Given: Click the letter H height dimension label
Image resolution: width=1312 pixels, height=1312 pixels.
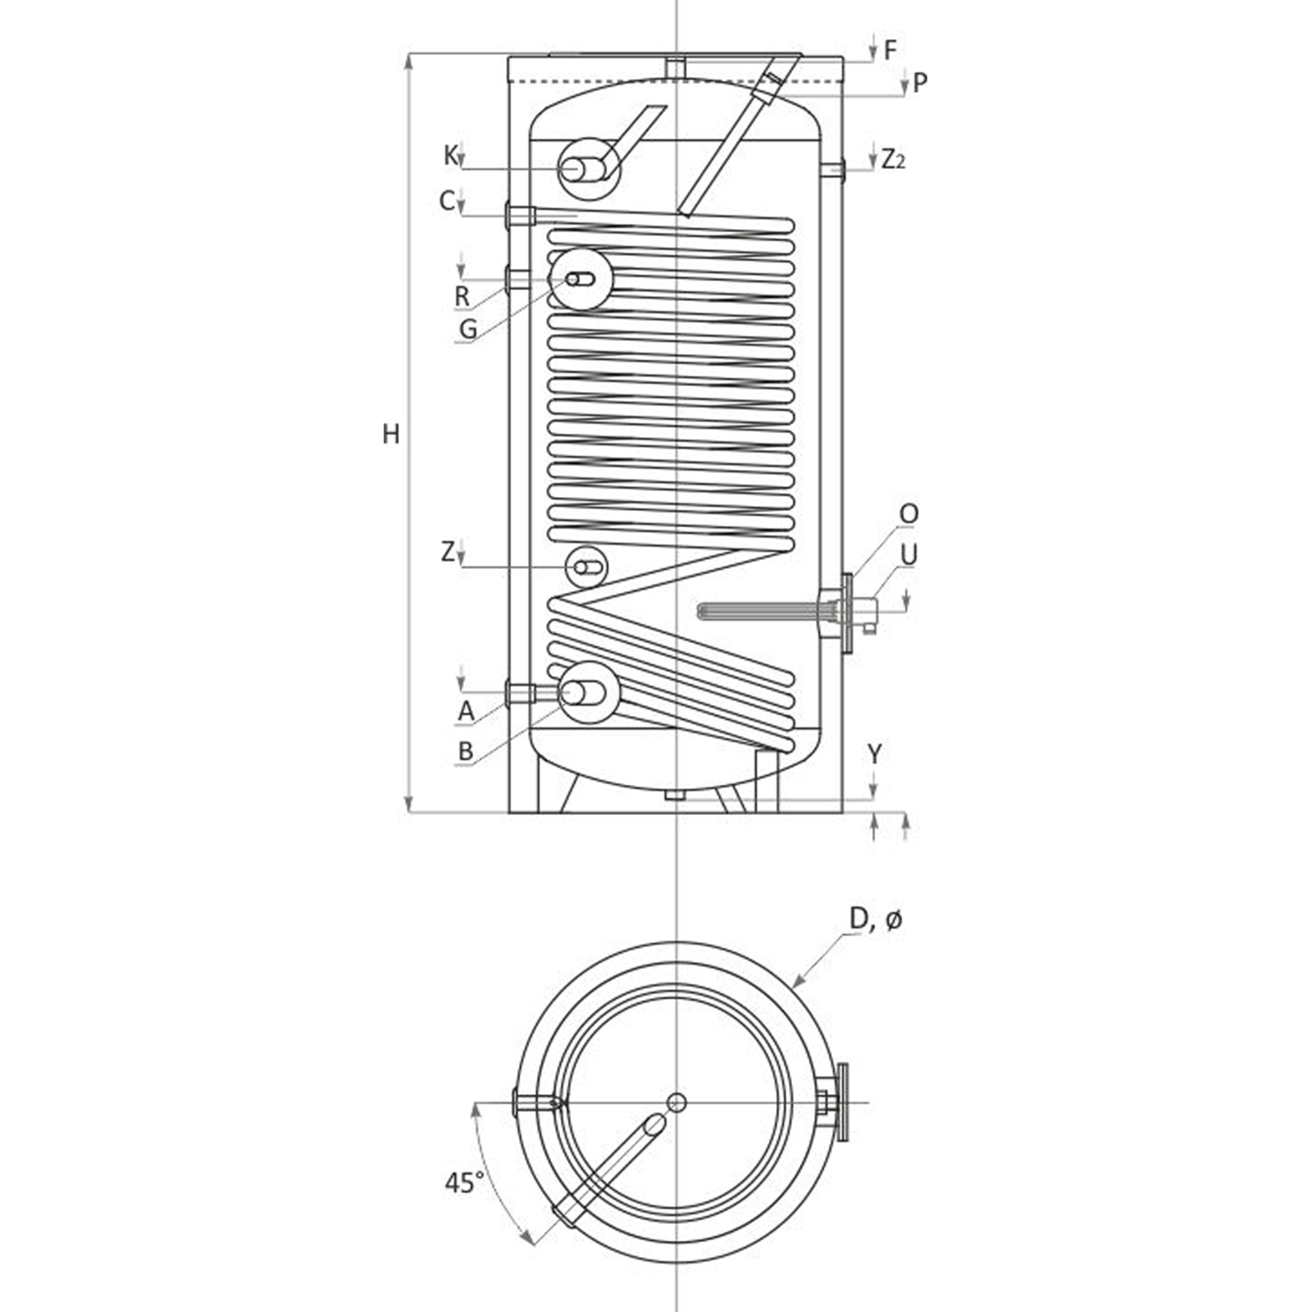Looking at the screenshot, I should point(391,434).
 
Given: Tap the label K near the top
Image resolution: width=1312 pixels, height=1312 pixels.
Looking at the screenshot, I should point(450,155).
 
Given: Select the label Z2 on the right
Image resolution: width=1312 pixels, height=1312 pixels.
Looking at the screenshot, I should point(893,159).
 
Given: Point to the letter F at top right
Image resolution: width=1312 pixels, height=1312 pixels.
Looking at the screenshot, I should point(891,51).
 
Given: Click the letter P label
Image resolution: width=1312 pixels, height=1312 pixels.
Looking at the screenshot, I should point(919,83).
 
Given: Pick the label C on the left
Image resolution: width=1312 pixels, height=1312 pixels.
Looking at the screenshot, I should point(447,200).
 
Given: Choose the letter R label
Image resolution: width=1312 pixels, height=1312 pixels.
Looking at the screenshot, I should point(462,297).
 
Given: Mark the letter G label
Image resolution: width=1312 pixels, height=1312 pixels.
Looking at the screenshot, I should point(467,329).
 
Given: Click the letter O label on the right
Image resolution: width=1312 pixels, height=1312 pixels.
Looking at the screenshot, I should point(909,514).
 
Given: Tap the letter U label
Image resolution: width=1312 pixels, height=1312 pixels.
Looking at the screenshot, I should point(909,555).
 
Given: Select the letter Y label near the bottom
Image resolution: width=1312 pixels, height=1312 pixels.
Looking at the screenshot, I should point(875,754).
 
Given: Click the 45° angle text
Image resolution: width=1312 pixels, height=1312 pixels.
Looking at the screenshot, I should point(464,1182).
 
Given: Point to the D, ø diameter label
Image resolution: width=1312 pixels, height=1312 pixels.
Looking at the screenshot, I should point(875,920).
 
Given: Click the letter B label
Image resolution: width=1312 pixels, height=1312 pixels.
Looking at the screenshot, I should point(466,751).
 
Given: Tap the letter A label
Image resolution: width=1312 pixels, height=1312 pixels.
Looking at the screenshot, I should point(466,711).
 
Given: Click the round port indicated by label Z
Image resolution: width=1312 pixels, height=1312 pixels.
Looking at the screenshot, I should point(586,567).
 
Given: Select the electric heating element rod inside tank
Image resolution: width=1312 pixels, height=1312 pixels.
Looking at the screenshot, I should point(754,611).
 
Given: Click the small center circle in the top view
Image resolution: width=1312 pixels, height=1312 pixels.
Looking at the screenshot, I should point(676,1102).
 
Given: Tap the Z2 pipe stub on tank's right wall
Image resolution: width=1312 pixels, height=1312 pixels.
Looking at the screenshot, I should point(832,171).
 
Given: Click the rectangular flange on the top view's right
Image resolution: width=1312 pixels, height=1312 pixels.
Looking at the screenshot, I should point(842,1102).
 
